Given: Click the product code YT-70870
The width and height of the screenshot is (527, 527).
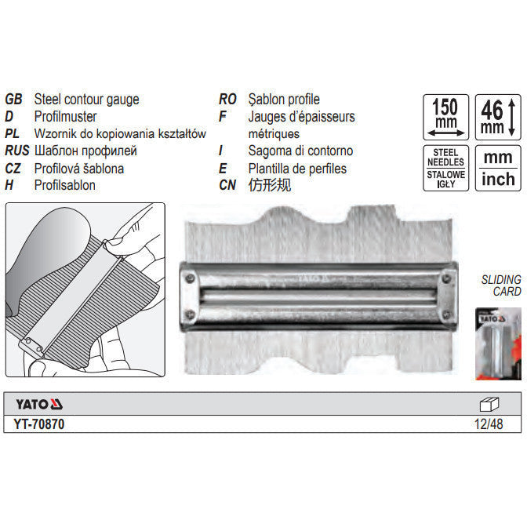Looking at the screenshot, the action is click(x=39, y=424).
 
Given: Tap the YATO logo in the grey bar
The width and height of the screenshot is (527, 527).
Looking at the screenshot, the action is click(x=39, y=404).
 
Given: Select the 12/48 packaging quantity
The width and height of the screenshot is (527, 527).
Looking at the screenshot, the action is click(x=489, y=424).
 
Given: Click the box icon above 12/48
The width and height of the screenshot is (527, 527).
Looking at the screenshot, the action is click(x=489, y=405).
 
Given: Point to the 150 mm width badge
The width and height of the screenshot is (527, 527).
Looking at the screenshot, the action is click(x=445, y=117).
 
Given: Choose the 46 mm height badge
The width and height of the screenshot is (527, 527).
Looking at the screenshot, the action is click(x=498, y=117).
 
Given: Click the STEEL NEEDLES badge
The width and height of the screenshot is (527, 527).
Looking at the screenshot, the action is click(x=445, y=169).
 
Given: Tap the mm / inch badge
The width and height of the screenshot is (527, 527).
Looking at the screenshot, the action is click(x=498, y=169).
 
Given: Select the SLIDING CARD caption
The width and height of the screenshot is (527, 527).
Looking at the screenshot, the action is click(x=501, y=285).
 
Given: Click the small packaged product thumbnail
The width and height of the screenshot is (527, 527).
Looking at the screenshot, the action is click(x=498, y=343).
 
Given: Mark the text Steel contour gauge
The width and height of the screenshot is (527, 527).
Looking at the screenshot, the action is click(x=86, y=99).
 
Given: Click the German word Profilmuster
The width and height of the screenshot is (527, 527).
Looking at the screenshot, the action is click(x=65, y=117).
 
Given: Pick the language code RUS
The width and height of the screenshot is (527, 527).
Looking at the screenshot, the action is click(x=16, y=151).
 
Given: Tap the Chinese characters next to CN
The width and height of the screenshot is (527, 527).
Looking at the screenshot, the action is click(x=270, y=185).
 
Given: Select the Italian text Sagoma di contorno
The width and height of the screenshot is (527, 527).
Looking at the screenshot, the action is click(x=300, y=151).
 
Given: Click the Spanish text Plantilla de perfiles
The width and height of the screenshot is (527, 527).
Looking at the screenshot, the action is click(x=297, y=169).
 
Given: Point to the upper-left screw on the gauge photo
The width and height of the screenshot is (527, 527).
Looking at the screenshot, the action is click(x=191, y=278).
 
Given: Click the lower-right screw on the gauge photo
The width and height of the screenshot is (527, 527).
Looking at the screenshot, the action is click(x=446, y=315).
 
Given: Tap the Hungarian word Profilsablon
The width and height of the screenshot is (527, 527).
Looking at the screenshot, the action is click(x=64, y=185).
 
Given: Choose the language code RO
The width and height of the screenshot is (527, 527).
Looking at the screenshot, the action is click(x=227, y=99).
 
